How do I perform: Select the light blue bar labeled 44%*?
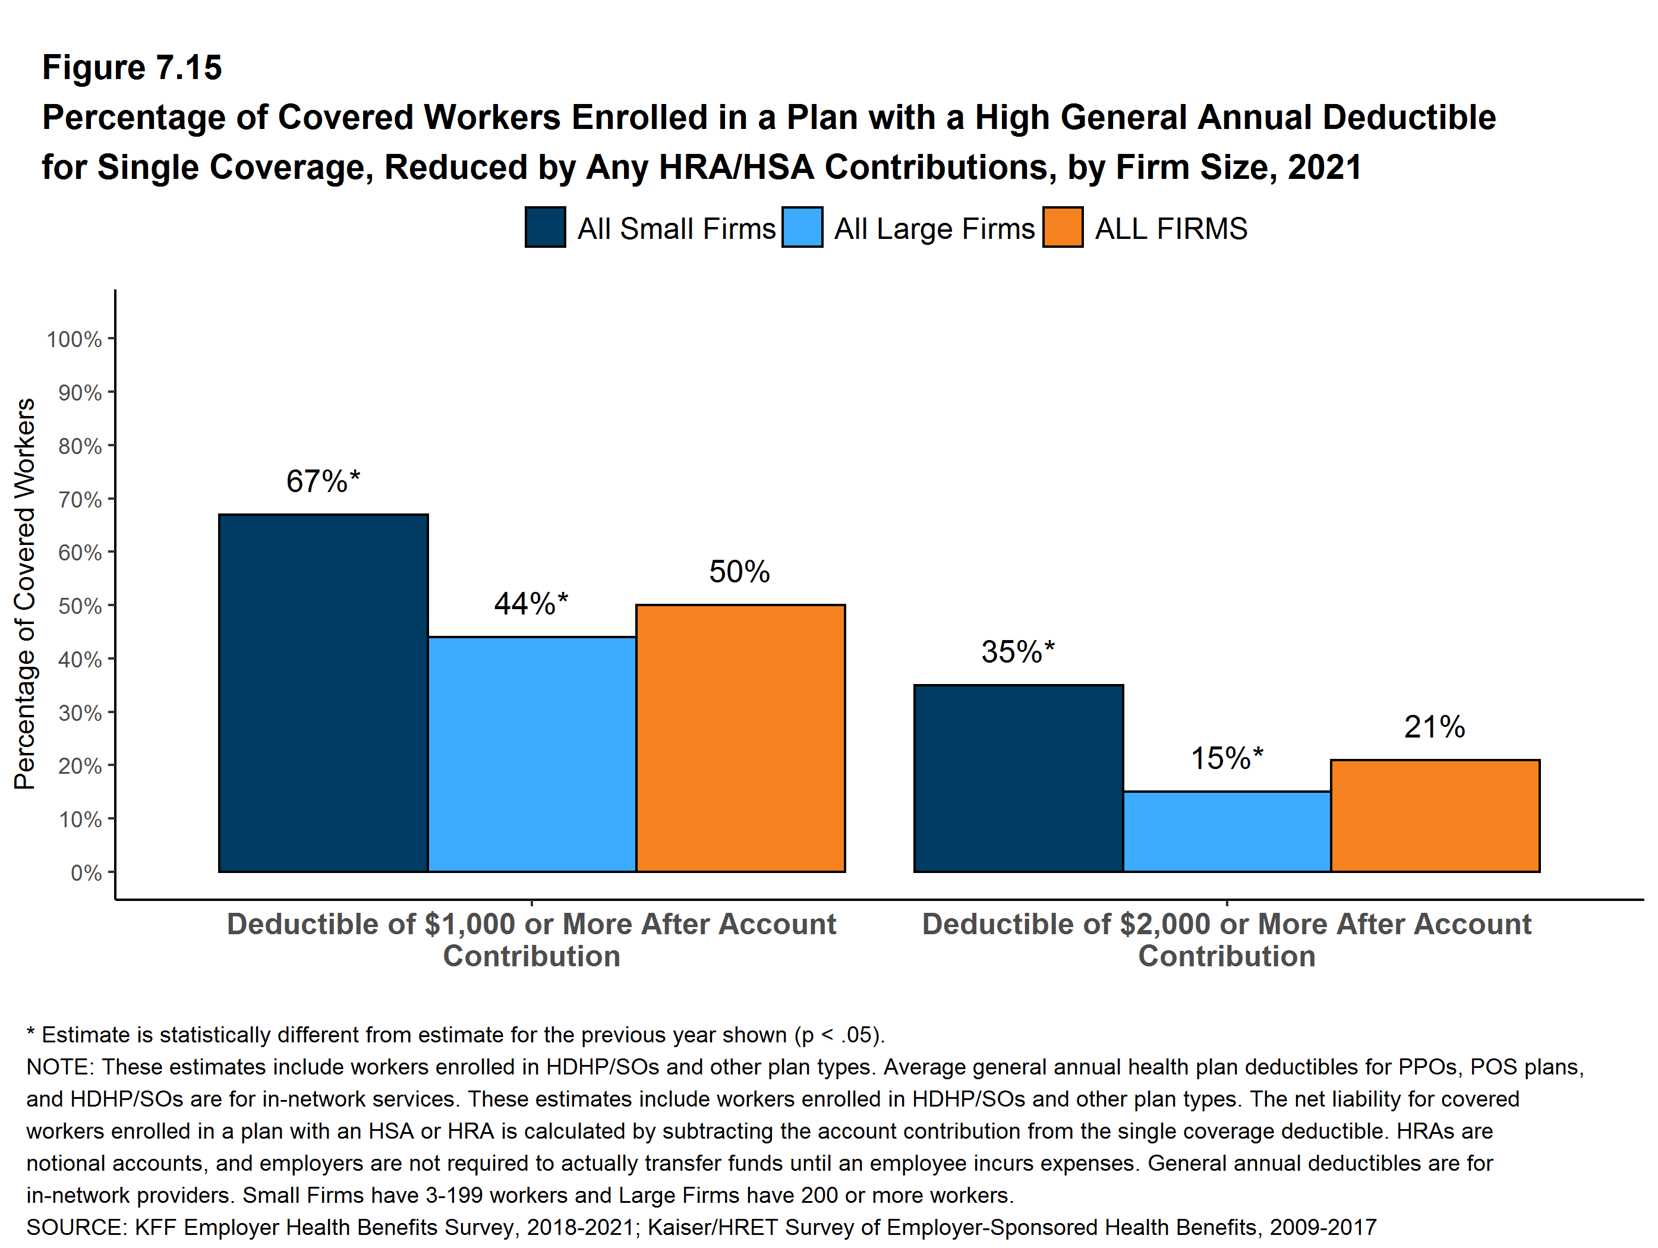[531, 754]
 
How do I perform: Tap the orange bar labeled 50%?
[740, 738]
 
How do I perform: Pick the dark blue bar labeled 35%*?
[1018, 778]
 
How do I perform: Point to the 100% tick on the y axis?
[74, 339]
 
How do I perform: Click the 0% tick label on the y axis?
[86, 873]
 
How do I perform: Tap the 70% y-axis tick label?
[80, 500]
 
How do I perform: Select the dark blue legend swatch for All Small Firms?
[545, 227]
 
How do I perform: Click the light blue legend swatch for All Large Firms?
[802, 227]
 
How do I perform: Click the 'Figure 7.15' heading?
[132, 68]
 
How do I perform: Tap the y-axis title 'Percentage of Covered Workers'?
[25, 594]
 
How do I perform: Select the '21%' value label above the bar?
[1434, 726]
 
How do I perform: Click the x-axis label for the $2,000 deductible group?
[1226, 940]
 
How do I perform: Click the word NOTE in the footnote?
[59, 1067]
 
